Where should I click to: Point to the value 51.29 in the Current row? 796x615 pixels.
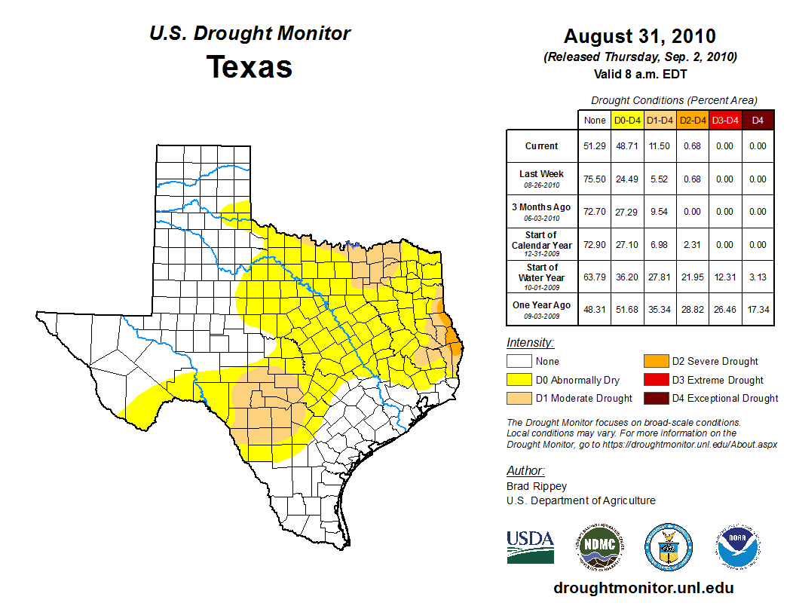595,146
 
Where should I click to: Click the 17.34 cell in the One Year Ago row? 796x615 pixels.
758,310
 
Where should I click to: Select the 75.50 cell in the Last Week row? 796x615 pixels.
595,179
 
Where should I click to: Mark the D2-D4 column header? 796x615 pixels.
692,121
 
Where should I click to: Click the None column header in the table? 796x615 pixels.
595,121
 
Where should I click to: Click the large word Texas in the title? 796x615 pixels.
250,66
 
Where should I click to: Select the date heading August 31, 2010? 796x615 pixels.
640,36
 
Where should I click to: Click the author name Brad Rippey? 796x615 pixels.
537,486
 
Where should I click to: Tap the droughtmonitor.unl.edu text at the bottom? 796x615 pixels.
643,588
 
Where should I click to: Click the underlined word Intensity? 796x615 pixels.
530,343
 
